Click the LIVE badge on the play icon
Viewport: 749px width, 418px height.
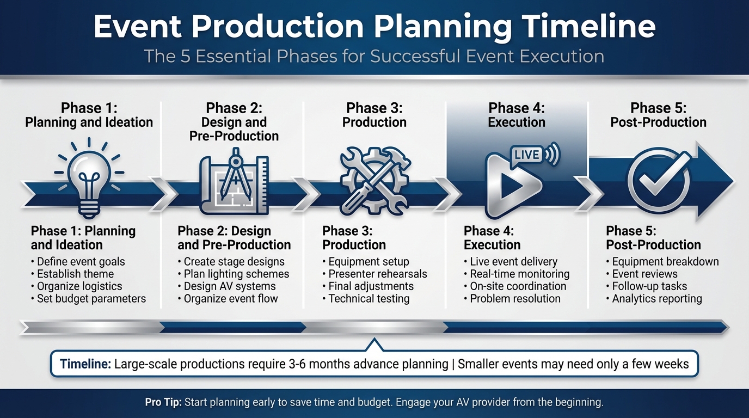526,155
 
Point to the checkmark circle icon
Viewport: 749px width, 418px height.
658,183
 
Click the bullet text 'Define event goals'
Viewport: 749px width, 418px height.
81,262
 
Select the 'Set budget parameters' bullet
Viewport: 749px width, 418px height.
91,298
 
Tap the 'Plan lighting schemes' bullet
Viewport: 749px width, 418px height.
236,274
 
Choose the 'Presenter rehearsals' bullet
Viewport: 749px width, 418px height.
378,274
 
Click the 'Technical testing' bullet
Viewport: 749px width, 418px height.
369,298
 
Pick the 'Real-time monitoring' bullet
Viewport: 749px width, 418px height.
519,274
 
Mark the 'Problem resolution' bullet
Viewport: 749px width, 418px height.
515,298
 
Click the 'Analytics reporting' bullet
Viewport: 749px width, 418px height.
656,298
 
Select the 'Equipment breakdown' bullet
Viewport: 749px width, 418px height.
665,262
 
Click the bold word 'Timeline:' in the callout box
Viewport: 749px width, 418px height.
85,364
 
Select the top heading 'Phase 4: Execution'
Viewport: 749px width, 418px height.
516,115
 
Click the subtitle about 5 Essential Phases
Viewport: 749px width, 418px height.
374,56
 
